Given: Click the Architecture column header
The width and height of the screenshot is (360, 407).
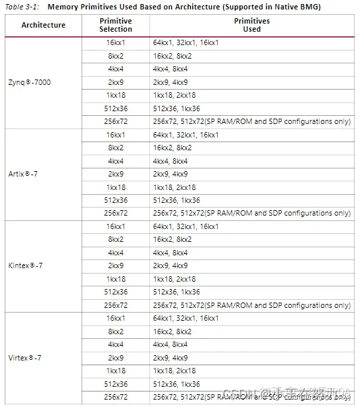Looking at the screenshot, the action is point(43,25).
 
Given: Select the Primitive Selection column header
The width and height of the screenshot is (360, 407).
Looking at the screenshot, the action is point(115,25).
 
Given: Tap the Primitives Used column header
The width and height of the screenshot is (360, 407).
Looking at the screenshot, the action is point(251,25).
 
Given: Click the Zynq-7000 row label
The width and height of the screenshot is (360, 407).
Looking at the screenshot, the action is point(29,82).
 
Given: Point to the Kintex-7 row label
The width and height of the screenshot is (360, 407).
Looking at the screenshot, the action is point(26,265).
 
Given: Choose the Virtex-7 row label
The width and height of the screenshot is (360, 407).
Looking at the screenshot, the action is point(26,357).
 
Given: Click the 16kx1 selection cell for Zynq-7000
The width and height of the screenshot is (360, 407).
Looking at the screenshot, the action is point(116,42).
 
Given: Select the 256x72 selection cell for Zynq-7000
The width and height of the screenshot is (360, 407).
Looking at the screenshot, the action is point(116,121).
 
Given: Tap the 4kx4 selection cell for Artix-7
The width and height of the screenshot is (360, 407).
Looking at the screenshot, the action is point(116,161).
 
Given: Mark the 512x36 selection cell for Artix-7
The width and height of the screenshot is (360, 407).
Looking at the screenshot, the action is point(116,200).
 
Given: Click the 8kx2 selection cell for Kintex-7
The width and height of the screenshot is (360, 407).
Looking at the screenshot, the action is point(116,239).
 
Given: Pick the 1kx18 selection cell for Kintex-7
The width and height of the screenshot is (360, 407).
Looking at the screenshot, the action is point(116,278).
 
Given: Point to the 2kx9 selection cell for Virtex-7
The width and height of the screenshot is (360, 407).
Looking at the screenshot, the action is point(116,357).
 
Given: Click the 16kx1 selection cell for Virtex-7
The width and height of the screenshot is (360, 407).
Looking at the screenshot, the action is point(116,318).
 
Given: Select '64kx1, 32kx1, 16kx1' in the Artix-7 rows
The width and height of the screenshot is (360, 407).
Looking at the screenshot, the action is point(185,135).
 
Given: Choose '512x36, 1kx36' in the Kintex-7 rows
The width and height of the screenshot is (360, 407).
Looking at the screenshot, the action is point(176,292).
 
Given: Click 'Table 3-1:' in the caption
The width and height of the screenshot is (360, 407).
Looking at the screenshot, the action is point(21,6).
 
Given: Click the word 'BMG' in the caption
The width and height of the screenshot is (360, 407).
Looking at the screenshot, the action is point(311,6).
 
